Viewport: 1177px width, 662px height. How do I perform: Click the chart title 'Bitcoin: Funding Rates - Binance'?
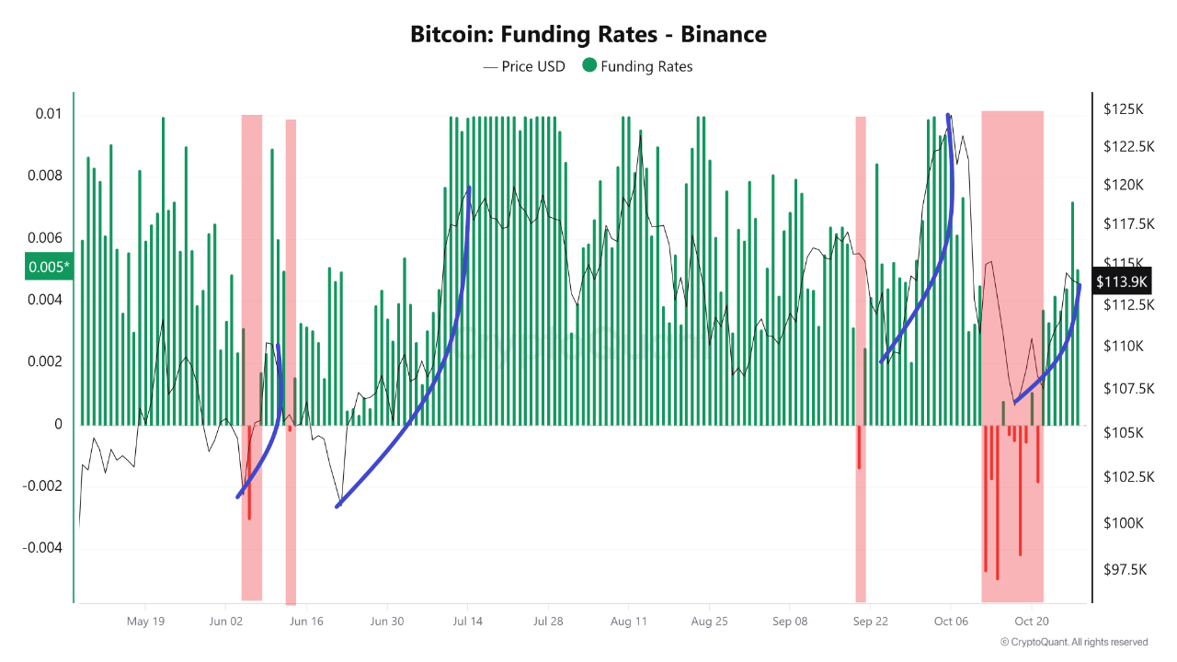point(588,35)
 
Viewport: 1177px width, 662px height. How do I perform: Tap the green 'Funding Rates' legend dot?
point(589,65)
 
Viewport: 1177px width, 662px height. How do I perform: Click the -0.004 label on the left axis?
point(42,548)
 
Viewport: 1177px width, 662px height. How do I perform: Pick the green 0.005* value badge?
point(48,268)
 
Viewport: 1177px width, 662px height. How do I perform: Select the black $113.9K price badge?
point(1122,281)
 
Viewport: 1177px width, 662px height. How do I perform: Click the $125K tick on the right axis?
point(1123,109)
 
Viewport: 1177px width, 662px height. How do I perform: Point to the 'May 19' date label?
point(145,621)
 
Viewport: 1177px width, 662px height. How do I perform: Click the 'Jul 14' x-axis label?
point(467,621)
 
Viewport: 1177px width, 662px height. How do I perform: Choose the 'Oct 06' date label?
point(951,621)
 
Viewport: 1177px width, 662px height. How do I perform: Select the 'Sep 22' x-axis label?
point(870,621)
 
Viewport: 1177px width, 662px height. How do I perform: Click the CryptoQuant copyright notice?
point(1073,642)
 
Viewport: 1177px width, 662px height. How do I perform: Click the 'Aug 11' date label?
point(628,621)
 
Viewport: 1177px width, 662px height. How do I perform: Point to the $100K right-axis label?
point(1124,523)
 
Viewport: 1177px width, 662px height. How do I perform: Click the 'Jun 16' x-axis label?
point(306,621)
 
